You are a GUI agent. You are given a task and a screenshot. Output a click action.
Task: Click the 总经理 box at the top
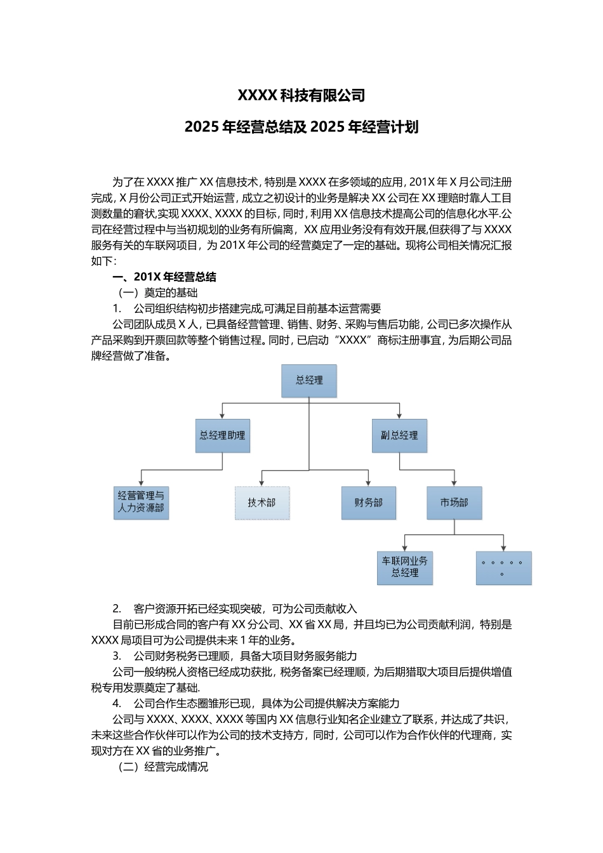coord(309,381)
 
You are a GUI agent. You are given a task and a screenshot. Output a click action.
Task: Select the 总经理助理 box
coord(222,435)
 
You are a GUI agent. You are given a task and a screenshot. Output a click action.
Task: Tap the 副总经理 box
coord(399,435)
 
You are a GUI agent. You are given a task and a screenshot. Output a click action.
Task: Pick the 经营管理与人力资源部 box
coord(141,503)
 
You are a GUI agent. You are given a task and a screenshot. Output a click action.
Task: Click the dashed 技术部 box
coord(262,503)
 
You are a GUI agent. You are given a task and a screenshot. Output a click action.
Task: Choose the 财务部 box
coord(368,503)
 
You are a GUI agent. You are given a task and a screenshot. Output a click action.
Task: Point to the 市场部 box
coord(454,503)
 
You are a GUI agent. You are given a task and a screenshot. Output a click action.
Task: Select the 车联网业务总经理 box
coord(404,567)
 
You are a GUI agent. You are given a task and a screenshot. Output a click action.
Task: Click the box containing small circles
coord(503,567)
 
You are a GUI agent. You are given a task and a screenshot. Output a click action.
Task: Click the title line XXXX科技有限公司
coord(301,96)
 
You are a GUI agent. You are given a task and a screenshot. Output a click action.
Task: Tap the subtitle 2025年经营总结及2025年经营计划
coord(301,127)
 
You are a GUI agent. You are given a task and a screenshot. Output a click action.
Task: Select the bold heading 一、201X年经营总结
coord(165,277)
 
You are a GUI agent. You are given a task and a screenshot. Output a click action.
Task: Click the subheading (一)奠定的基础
coord(158,293)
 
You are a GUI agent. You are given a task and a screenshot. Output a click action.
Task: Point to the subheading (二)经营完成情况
coord(163,767)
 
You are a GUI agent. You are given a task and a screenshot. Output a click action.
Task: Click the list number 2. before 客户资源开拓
coord(117,609)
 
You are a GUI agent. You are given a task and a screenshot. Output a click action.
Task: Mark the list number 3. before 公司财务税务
coord(117,656)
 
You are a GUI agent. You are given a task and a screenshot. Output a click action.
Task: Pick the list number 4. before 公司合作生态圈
coord(117,703)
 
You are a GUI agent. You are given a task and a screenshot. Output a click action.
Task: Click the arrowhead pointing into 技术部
coord(262,484)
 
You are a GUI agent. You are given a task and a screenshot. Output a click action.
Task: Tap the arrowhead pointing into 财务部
coord(368,484)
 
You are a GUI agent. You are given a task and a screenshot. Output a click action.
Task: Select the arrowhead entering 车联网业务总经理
coord(404,548)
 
